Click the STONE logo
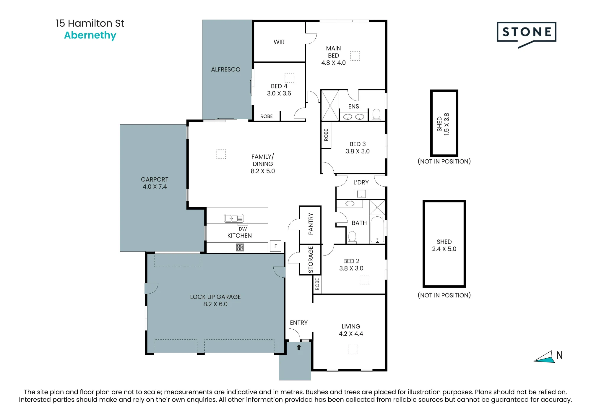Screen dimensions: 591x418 pyautogui.click(x=526, y=34)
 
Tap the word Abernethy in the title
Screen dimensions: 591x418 pyautogui.click(x=90, y=35)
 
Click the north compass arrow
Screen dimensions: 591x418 pyautogui.click(x=544, y=357)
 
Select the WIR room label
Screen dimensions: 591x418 pyautogui.click(x=279, y=42)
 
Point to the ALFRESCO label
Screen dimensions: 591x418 pyautogui.click(x=226, y=69)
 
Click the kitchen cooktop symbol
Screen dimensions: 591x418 pyautogui.click(x=240, y=247)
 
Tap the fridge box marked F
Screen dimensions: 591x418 pyautogui.click(x=276, y=246)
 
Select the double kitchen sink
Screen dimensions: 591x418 pyautogui.click(x=234, y=218)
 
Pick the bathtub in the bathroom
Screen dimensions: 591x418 pyautogui.click(x=377, y=230)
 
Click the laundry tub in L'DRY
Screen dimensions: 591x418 pyautogui.click(x=361, y=194)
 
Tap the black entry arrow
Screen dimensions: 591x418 pyautogui.click(x=299, y=347)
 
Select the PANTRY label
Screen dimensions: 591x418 pyautogui.click(x=311, y=224)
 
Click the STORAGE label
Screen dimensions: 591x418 pyautogui.click(x=311, y=260)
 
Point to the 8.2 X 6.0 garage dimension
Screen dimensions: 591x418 pyautogui.click(x=215, y=304)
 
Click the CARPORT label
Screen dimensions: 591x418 pyautogui.click(x=155, y=179)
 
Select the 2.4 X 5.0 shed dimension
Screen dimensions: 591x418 pyautogui.click(x=444, y=249)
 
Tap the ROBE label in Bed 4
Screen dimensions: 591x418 pyautogui.click(x=267, y=116)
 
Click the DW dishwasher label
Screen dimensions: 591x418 pyautogui.click(x=243, y=229)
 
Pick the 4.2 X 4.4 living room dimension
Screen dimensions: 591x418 pyautogui.click(x=351, y=334)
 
